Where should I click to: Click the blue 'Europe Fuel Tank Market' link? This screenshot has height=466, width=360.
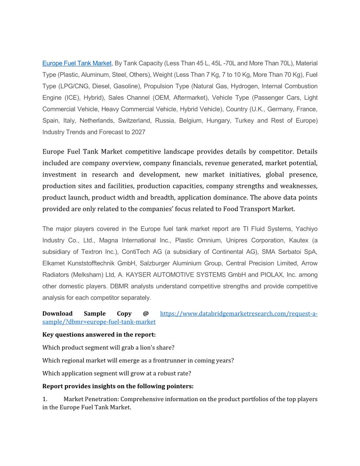click(x=77, y=63)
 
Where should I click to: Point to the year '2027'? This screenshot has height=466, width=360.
click(x=138, y=132)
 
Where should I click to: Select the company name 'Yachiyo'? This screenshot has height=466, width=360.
click(x=307, y=229)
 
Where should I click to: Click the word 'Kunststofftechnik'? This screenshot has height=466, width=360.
click(x=94, y=263)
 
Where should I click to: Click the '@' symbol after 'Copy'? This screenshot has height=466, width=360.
click(x=146, y=313)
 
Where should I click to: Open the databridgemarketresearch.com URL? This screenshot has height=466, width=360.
click(x=238, y=314)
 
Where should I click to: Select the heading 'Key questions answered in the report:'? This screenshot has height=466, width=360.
click(x=99, y=334)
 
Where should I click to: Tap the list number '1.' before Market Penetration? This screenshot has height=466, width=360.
click(x=45, y=399)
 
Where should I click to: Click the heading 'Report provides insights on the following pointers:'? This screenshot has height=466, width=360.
click(x=118, y=386)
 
